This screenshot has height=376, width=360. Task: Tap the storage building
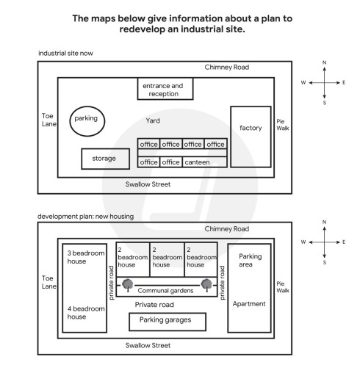point(104,159)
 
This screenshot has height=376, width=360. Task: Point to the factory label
point(251,128)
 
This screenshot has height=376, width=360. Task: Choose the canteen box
point(196,162)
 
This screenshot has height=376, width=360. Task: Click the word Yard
point(152,120)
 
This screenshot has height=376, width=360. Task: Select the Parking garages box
point(167,321)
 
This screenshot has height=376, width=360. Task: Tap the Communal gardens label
point(167,290)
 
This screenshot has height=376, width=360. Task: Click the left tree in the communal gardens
point(128,284)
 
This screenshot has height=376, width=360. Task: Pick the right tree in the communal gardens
point(206,284)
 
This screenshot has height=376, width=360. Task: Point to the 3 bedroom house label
point(84,256)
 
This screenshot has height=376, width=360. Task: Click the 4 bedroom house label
point(84,312)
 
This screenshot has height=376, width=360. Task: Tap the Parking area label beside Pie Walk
point(250,261)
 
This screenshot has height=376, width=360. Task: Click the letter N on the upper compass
point(324,62)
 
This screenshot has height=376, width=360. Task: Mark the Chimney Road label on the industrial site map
point(227,68)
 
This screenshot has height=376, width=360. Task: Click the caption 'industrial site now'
point(65,54)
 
